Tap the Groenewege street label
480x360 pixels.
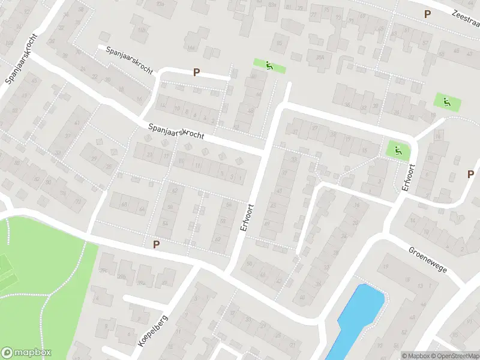[428, 259]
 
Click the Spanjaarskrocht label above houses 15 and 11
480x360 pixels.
[176, 131]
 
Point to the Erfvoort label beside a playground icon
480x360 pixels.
[408, 178]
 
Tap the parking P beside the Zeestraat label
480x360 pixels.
[427, 14]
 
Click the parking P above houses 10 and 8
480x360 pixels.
[196, 73]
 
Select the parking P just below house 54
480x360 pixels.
[156, 244]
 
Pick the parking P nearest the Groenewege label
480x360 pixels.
[470, 174]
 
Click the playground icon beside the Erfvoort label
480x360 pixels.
[395, 149]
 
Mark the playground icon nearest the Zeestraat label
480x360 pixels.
[447, 102]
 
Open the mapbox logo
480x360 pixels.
[27, 353]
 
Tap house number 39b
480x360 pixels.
[122, 277]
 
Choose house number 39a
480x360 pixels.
[142, 283]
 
